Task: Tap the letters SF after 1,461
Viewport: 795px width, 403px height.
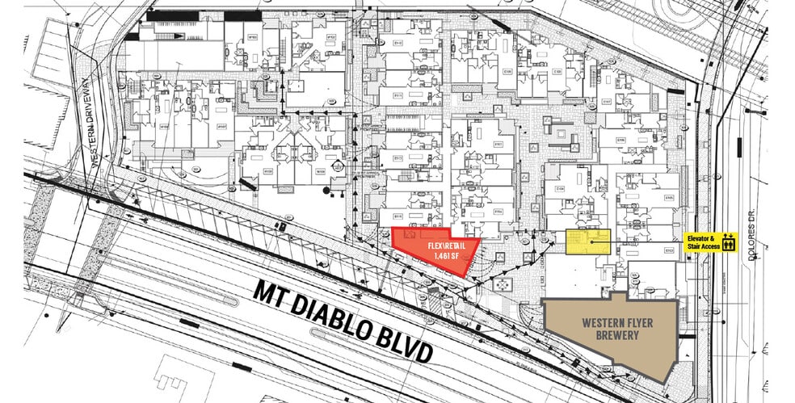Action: tap(455, 256)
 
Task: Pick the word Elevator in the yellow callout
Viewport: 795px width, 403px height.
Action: tap(700, 237)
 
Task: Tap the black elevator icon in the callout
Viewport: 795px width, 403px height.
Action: tap(728, 241)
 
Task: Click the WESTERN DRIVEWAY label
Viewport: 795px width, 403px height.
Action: tap(90, 121)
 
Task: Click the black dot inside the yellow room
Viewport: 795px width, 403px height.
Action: tap(593, 241)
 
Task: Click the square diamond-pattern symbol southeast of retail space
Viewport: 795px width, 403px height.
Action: tap(505, 284)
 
